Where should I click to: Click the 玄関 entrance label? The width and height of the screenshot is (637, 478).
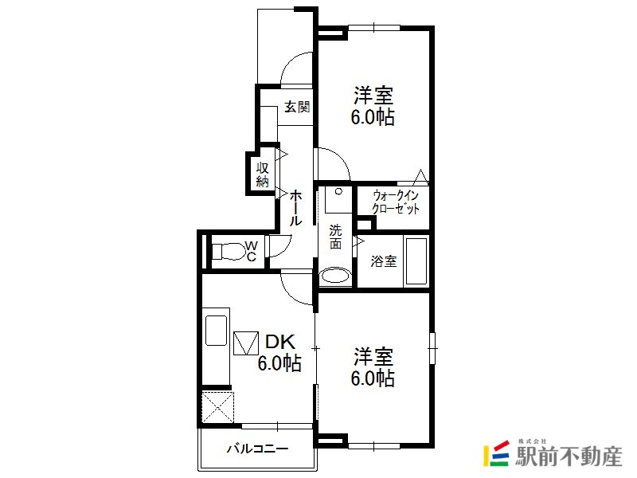pyautogui.click(x=297, y=107)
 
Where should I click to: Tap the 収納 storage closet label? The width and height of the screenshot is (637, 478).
pyautogui.click(x=263, y=174)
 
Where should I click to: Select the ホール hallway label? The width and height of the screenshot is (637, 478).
pyautogui.click(x=295, y=208)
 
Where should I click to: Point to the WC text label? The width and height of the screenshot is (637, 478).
pyautogui.click(x=251, y=251)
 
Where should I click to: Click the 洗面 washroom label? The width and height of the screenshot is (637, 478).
pyautogui.click(x=335, y=237)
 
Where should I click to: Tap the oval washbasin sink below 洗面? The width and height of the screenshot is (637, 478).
pyautogui.click(x=335, y=276)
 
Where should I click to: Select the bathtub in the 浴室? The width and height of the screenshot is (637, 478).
pyautogui.click(x=416, y=261)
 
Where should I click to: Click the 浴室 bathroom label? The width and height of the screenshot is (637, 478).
pyautogui.click(x=384, y=261)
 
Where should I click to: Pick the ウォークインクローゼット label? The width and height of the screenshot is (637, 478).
pyautogui.click(x=396, y=202)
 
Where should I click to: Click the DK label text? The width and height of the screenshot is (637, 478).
pyautogui.click(x=280, y=342)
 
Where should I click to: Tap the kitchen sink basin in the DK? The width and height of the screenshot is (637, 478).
pyautogui.click(x=216, y=331)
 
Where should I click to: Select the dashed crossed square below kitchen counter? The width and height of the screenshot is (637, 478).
pyautogui.click(x=217, y=407)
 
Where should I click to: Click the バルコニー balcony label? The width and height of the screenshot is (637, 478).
pyautogui.click(x=257, y=449)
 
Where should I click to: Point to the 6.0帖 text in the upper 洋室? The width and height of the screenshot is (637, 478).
pyautogui.click(x=373, y=117)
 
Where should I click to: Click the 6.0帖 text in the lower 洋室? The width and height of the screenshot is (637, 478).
pyautogui.click(x=373, y=378)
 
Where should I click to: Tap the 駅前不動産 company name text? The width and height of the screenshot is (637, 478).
pyautogui.click(x=569, y=456)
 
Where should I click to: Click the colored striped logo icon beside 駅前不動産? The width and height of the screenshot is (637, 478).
pyautogui.click(x=496, y=453)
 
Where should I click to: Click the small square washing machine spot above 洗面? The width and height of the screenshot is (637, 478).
pyautogui.click(x=338, y=200)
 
